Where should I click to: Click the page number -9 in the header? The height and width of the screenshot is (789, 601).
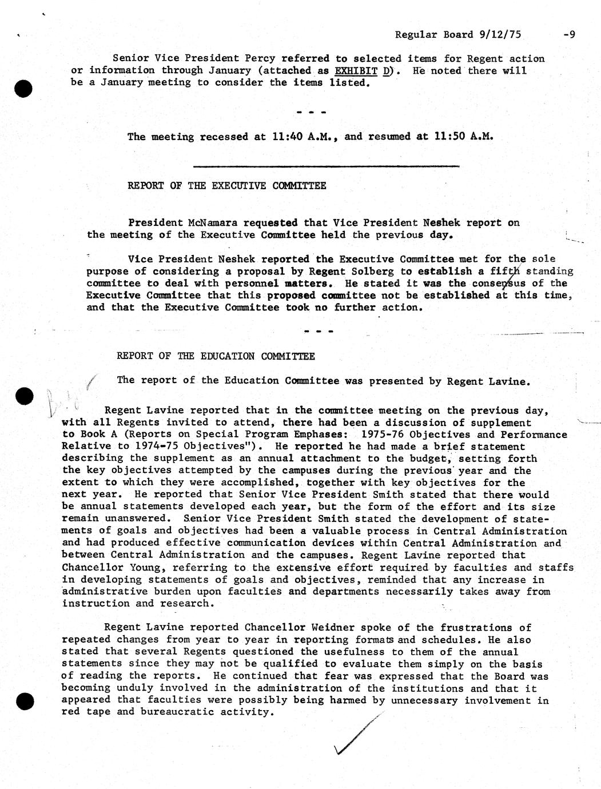coord(568,34)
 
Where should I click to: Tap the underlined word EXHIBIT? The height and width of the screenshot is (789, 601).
coord(356,71)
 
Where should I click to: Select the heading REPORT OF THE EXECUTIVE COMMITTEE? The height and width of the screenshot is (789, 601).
coord(226,186)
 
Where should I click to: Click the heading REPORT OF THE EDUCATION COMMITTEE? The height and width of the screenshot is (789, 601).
coord(216,356)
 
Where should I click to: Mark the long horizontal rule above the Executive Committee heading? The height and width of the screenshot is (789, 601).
coord(327,166)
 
